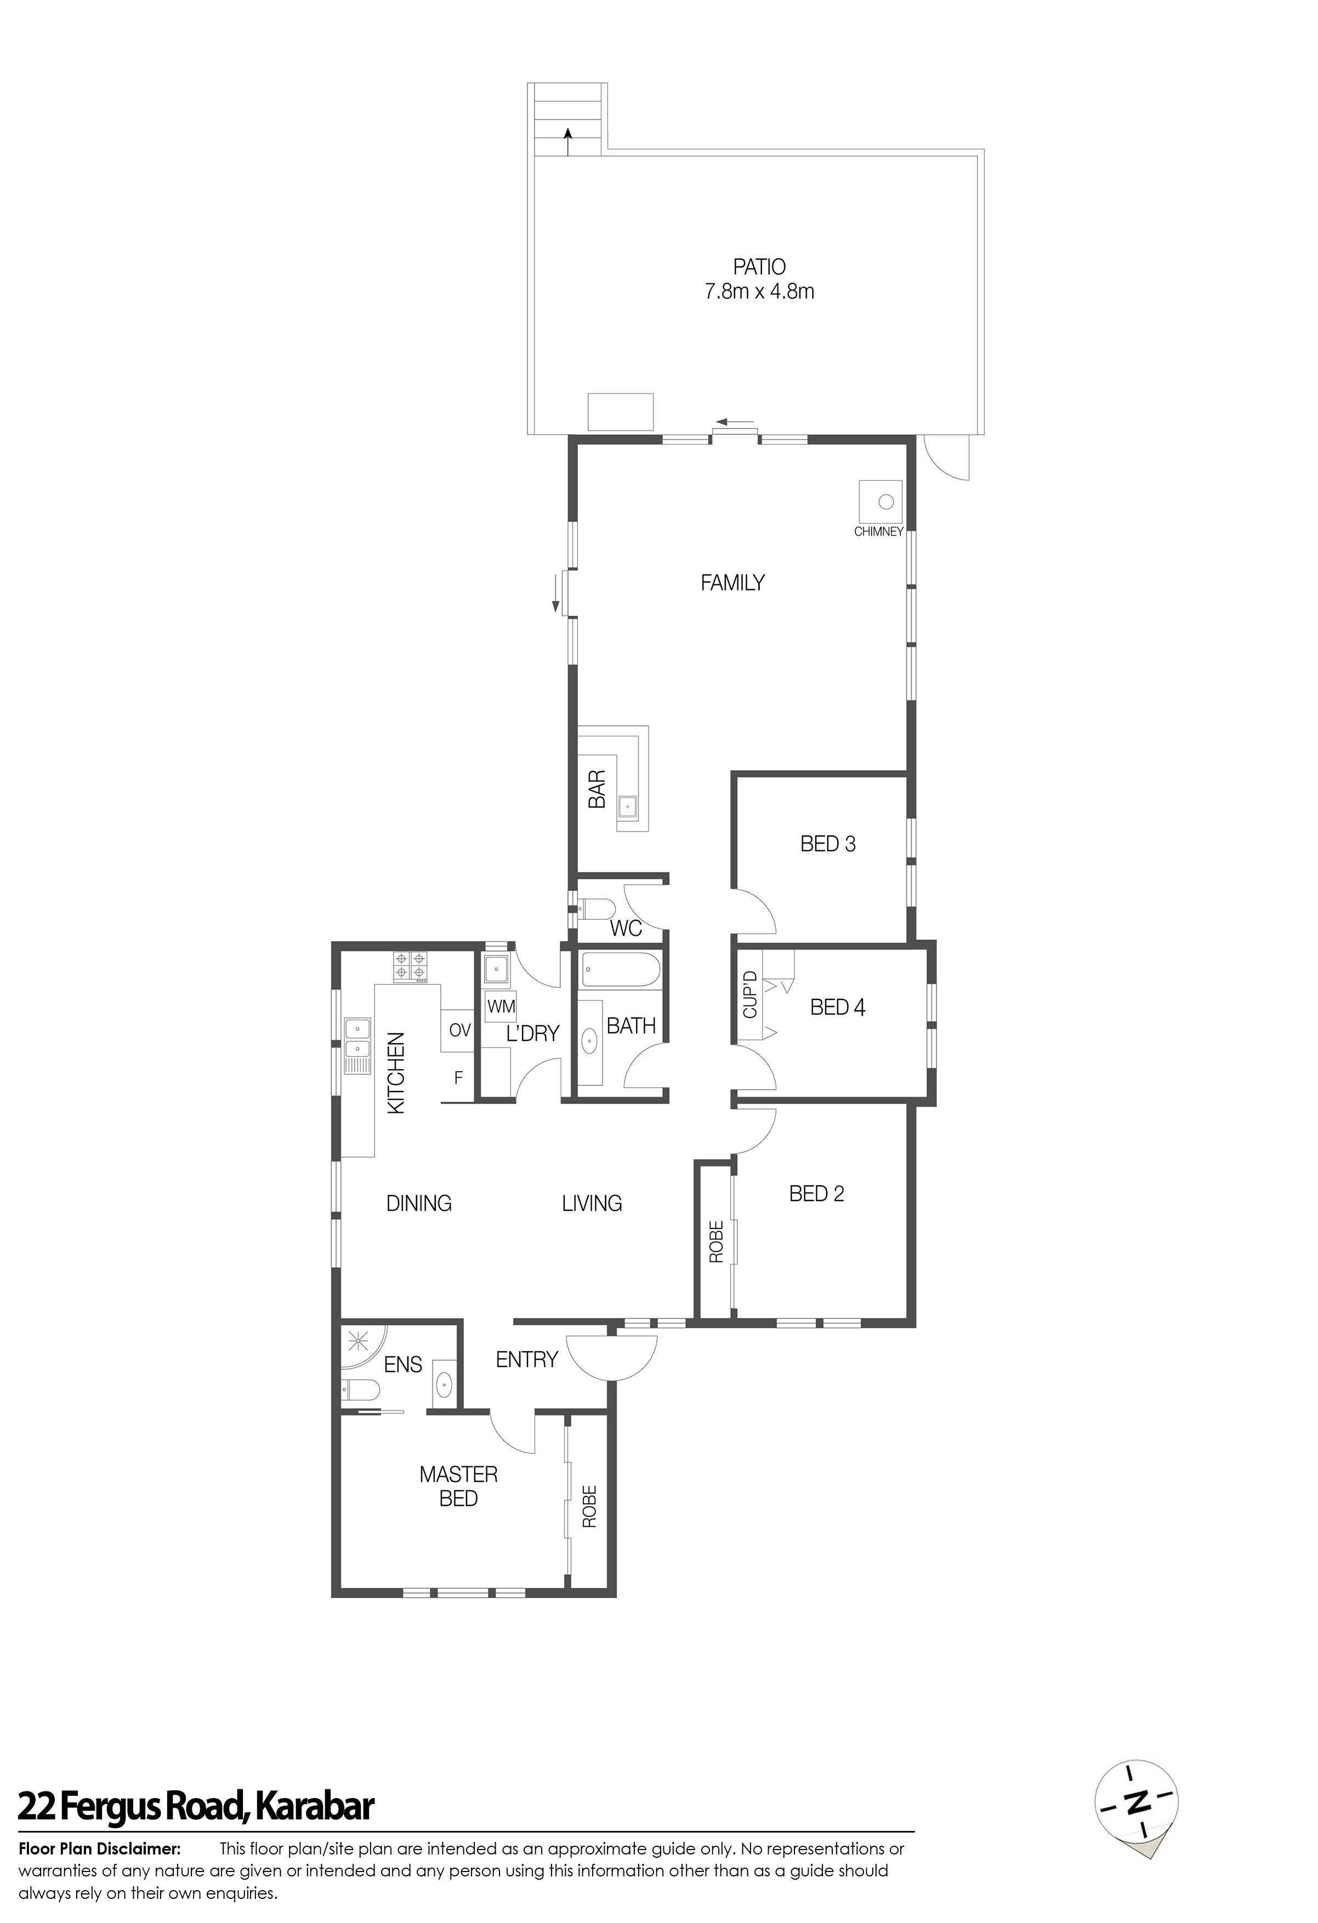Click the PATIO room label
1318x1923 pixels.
pyautogui.click(x=759, y=268)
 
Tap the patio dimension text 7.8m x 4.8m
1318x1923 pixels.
pyautogui.click(x=759, y=291)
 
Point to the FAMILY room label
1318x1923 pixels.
pyautogui.click(x=732, y=583)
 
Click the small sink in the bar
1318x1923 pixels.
pyautogui.click(x=629, y=804)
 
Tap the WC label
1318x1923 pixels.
pyautogui.click(x=626, y=929)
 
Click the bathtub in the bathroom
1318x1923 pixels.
pyautogui.click(x=621, y=969)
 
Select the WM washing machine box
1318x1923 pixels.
pyautogui.click(x=501, y=1007)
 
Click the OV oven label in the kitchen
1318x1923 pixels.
pyautogui.click(x=459, y=1030)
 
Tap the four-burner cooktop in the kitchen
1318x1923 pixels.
pyautogui.click(x=411, y=966)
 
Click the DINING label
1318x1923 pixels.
pyautogui.click(x=419, y=1203)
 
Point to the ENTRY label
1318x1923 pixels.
pyautogui.click(x=526, y=1359)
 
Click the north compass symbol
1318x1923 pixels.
pyautogui.click(x=1137, y=1826)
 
